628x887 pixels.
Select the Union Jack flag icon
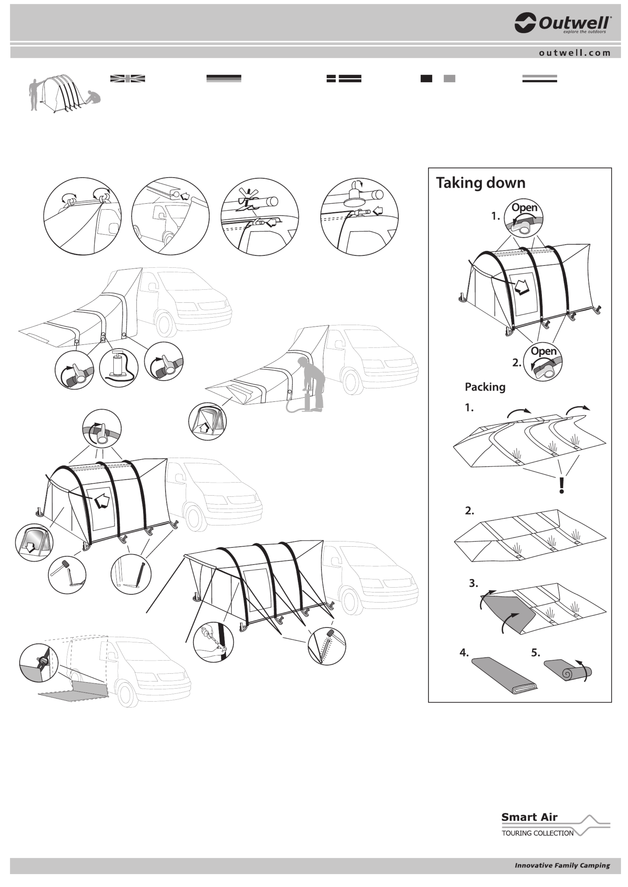click(128, 78)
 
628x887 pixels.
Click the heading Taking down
click(481, 183)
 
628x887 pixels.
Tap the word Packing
click(485, 387)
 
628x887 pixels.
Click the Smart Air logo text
click(529, 817)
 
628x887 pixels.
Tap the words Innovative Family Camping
click(562, 866)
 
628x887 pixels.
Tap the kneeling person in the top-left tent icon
click(94, 97)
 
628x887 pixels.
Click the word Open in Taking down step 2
click(544, 352)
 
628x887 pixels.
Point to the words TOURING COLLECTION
click(537, 834)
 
